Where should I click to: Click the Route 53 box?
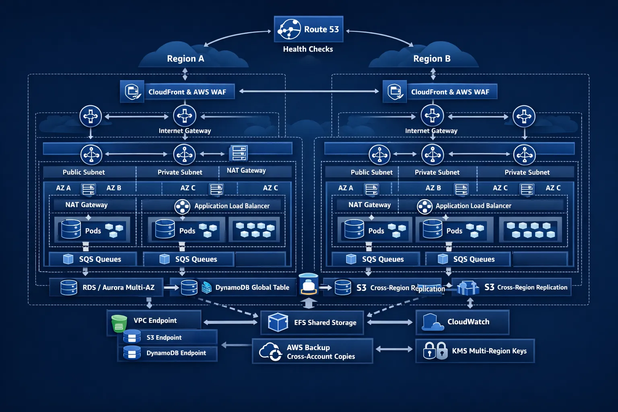coord(308,29)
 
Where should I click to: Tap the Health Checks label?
coord(308,49)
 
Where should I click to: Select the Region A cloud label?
coord(185,59)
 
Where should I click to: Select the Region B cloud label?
coord(432,59)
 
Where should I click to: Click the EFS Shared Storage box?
coord(312,322)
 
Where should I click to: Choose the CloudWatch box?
coord(462,322)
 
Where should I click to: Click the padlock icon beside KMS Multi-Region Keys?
coord(435,351)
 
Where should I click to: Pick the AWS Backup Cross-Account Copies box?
coord(312,351)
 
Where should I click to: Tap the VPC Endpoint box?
coord(154,321)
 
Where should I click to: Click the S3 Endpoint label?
coord(164,338)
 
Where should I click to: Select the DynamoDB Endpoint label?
coord(176,353)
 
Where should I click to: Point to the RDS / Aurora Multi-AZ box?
coord(107,287)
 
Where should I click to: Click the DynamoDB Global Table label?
coord(252,287)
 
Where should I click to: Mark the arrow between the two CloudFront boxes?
coord(309,91)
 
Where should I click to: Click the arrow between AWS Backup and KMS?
coord(394,349)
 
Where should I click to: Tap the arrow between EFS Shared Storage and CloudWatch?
coord(389,322)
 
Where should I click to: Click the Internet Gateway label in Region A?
coord(185,131)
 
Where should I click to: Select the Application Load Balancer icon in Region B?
coord(424,207)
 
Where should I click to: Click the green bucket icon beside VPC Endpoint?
coord(119,323)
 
